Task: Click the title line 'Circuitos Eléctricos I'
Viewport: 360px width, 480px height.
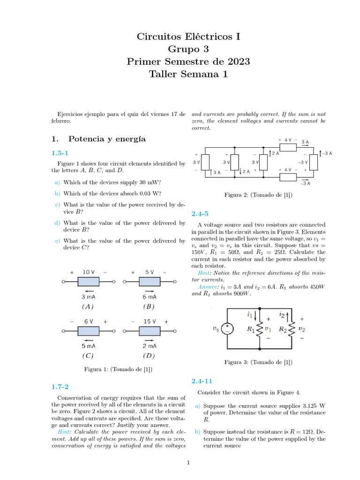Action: coord(188,37)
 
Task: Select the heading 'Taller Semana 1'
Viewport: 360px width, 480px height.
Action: coord(188,74)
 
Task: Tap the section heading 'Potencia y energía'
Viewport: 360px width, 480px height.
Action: coord(107,139)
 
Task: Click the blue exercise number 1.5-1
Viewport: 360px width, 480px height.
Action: coord(60,153)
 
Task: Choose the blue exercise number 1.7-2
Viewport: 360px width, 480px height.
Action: coord(60,387)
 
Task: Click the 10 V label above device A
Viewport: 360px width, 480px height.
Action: coord(88,272)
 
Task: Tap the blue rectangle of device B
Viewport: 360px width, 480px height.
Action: coord(150,282)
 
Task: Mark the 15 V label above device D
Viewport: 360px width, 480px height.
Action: coord(150,322)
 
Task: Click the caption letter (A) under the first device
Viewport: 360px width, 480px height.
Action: coord(88,307)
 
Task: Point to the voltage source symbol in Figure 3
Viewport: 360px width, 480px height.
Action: coord(227,329)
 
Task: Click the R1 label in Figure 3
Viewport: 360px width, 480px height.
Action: coord(251,330)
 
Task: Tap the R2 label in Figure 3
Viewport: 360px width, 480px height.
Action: coord(283,330)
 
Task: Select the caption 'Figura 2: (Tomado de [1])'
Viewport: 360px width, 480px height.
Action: coord(258,195)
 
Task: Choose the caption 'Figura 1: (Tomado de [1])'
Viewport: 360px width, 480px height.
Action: coord(118,369)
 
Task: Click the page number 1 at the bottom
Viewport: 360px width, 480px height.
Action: coord(188,463)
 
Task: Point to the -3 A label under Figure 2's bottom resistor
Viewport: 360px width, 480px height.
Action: coord(306,183)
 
